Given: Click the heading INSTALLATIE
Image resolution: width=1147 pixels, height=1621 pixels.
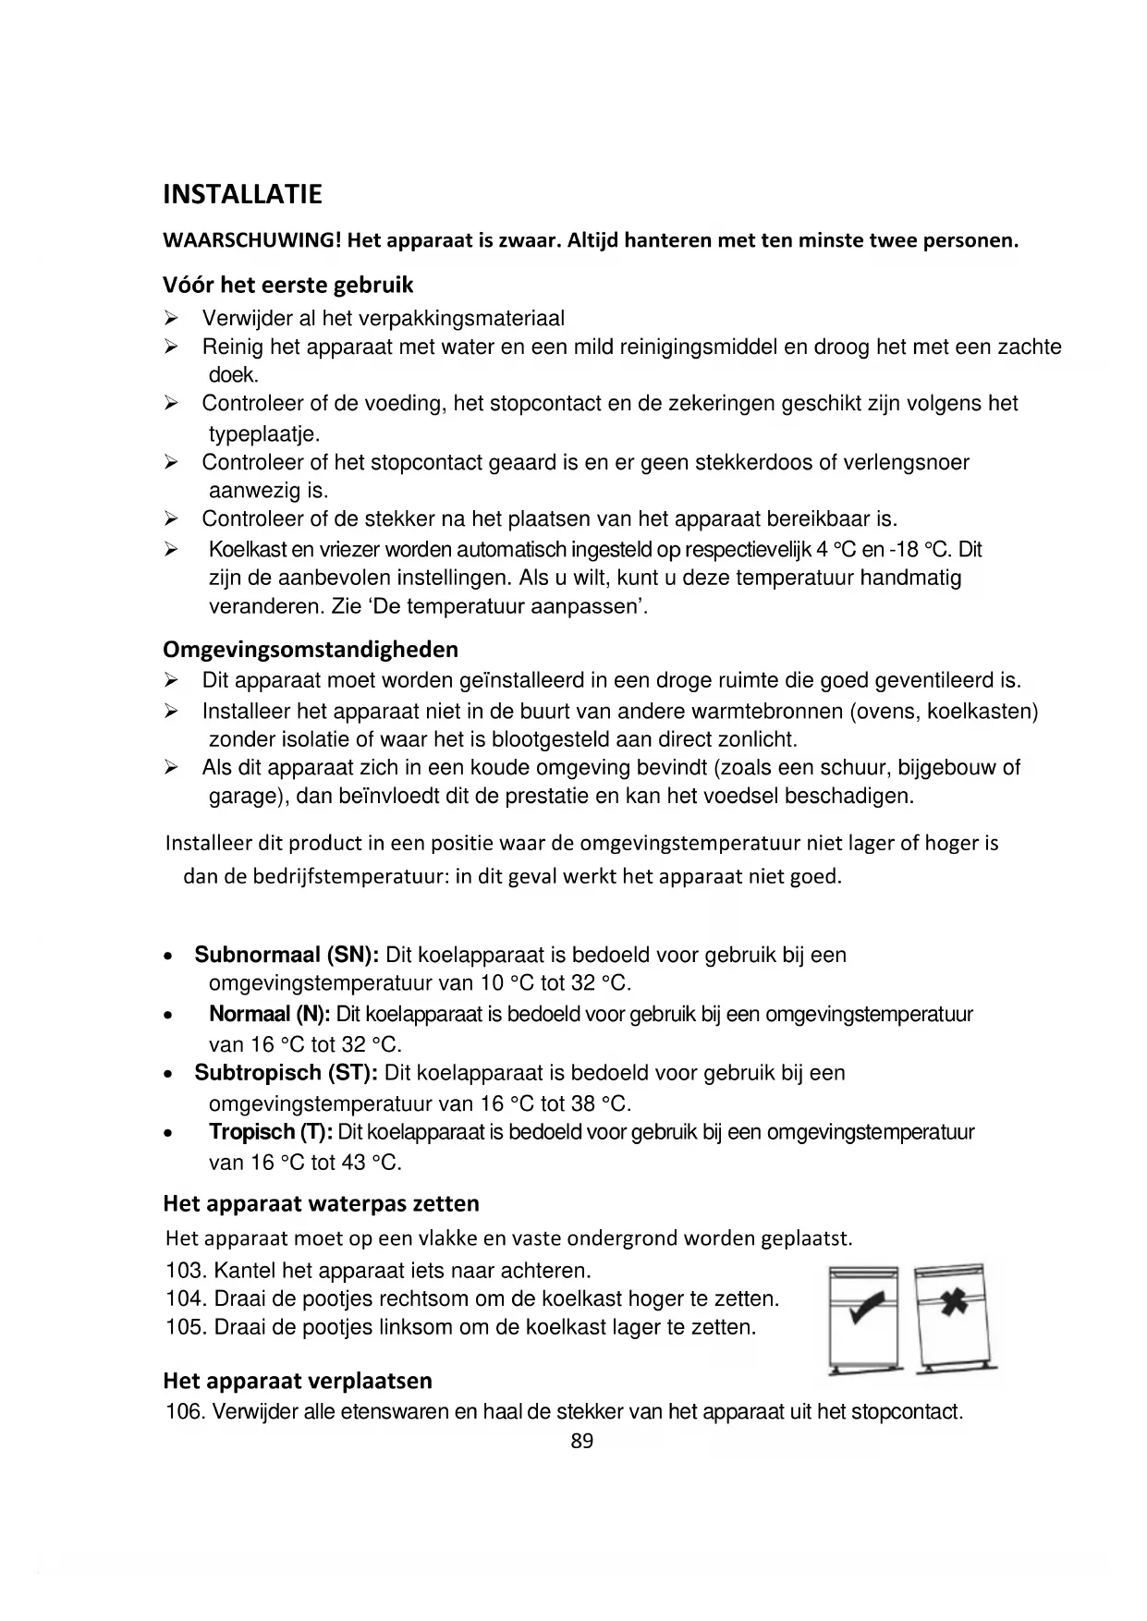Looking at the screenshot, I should pyautogui.click(x=242, y=195).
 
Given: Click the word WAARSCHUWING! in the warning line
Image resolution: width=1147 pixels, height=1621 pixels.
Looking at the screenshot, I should pyautogui.click(x=252, y=242).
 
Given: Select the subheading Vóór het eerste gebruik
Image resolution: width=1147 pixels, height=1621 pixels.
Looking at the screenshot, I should pyautogui.click(x=287, y=285).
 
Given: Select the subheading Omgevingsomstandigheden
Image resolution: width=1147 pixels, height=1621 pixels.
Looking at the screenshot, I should pyautogui.click(x=311, y=650).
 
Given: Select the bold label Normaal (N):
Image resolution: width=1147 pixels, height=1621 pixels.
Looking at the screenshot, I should pyautogui.click(x=269, y=1015).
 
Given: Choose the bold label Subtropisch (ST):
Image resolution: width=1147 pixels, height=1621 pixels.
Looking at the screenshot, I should pyautogui.click(x=286, y=1074).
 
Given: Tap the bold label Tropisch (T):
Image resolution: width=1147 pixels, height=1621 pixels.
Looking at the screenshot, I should pyautogui.click(x=271, y=1133).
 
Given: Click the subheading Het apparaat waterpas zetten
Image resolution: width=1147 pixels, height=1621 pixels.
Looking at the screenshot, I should pyautogui.click(x=321, y=1204).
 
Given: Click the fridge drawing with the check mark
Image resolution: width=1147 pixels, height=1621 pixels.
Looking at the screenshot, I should pyautogui.click(x=863, y=1316).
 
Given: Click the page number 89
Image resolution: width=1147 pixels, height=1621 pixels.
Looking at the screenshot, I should pyautogui.click(x=582, y=1441).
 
